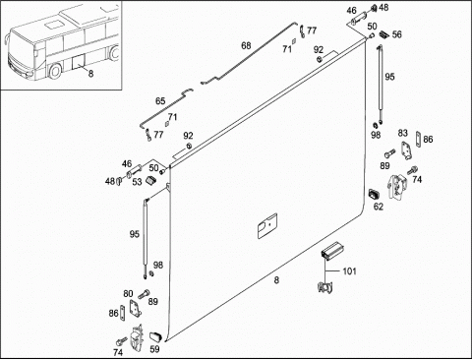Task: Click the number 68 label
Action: click(x=246, y=45)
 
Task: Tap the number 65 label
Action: click(x=160, y=101)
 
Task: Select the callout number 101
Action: click(x=349, y=271)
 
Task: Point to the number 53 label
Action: click(x=137, y=182)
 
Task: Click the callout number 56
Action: click(x=396, y=34)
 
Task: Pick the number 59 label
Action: click(x=154, y=349)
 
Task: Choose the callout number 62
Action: click(x=379, y=207)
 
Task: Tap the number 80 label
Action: click(x=128, y=294)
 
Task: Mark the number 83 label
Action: click(x=403, y=133)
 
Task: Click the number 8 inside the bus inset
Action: click(x=90, y=74)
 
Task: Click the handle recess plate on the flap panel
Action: click(x=267, y=226)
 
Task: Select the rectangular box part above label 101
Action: click(x=332, y=251)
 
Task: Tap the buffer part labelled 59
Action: click(x=156, y=336)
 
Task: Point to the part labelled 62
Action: click(x=374, y=194)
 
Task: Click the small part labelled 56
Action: click(x=384, y=34)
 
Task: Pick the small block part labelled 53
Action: click(x=150, y=180)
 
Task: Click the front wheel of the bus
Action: click(x=54, y=71)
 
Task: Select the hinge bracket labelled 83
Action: click(x=406, y=150)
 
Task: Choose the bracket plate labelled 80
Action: click(x=135, y=309)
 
